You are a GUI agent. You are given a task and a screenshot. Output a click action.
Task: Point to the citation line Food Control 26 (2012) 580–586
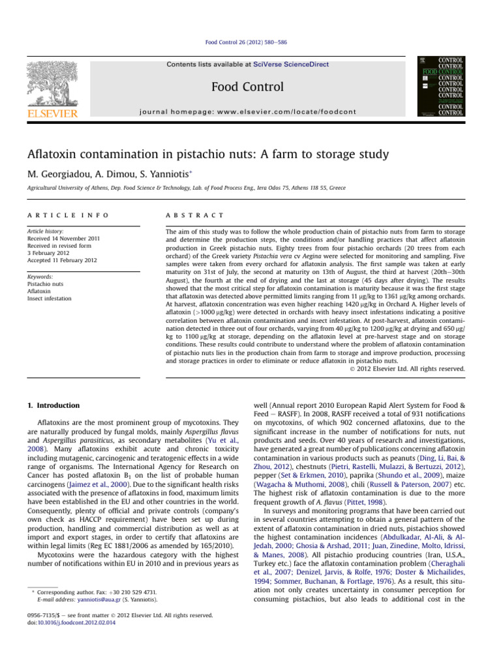tap(250, 42)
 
